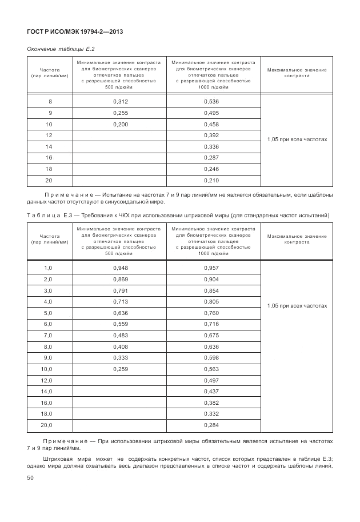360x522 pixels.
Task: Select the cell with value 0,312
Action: [121, 102]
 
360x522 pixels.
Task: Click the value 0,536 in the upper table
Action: [211, 102]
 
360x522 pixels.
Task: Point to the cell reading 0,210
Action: [211, 180]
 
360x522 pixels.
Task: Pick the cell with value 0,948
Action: [121, 268]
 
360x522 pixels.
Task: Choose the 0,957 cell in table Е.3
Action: [211, 268]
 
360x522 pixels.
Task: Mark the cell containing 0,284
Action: [211, 425]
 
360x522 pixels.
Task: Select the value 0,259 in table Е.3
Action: [121, 369]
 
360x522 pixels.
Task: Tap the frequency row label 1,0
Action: [48, 268]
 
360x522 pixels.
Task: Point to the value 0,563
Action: [211, 369]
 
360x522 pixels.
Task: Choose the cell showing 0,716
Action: [211, 324]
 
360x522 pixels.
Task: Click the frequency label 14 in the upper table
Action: [49, 146]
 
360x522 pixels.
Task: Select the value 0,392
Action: [211, 136]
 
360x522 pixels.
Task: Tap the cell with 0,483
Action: [121, 336]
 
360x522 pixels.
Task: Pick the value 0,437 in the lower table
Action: [211, 392]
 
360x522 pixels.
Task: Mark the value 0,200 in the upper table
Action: [121, 124]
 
